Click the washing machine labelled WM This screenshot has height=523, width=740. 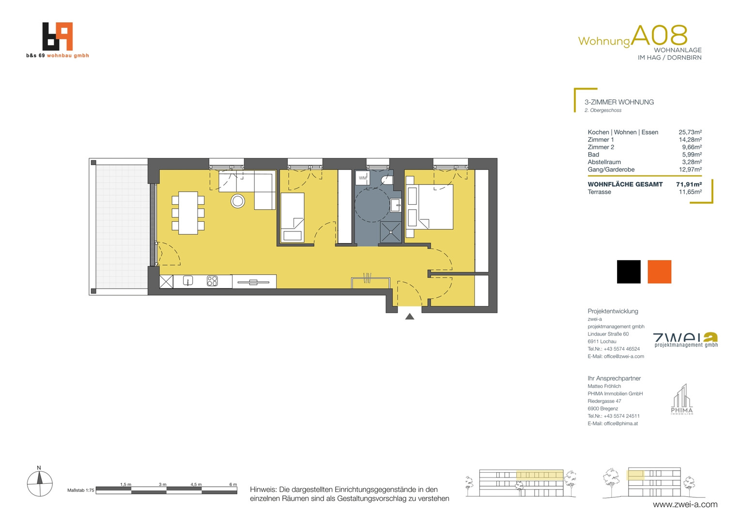362,178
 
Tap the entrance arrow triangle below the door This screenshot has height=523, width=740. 410,317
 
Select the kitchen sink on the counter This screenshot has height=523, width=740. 187,281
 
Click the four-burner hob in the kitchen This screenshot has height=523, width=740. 212,281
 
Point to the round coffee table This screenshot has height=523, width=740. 237,201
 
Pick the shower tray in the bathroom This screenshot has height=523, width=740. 390,232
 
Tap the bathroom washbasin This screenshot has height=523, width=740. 396,205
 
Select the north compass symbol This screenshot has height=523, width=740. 40,482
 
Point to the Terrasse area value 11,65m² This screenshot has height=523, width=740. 690,192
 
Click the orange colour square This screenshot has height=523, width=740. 660,272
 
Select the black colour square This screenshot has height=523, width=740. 629,272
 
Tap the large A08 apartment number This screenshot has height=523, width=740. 660,35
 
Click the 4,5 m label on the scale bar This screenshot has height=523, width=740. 196,484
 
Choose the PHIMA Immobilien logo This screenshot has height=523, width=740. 682,400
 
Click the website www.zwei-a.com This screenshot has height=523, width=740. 685,505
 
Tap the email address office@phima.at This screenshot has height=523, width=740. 621,424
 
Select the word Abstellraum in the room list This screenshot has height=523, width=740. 604,162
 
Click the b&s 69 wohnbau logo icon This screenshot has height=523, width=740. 58,36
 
